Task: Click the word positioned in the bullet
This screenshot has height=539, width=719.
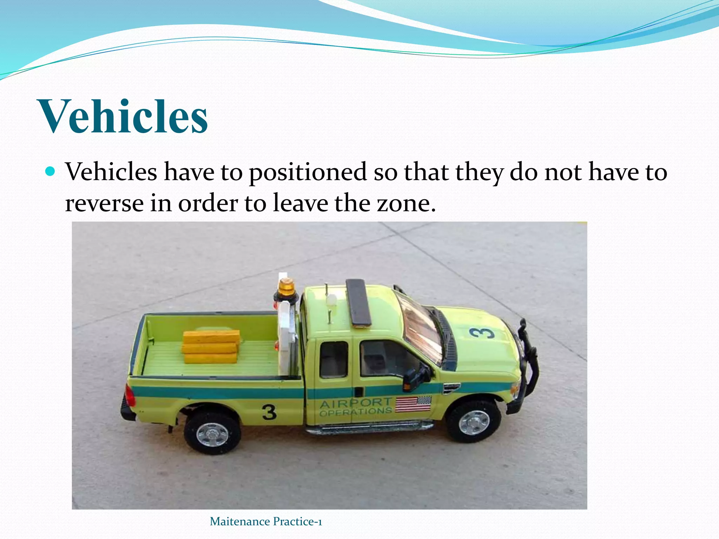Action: tap(308, 172)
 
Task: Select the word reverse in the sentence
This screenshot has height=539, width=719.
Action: tap(104, 203)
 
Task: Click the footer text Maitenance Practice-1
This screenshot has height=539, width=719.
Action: tap(266, 521)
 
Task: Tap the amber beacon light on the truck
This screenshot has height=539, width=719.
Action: tap(286, 288)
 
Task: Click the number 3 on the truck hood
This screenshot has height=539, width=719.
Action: tap(482, 333)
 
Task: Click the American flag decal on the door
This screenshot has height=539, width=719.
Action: tap(413, 404)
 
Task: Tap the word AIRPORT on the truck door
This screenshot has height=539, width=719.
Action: tap(355, 403)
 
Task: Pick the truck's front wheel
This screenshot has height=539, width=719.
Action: tap(474, 422)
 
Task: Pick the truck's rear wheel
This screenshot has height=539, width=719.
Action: tap(212, 434)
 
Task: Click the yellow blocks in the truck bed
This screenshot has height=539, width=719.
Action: tap(211, 347)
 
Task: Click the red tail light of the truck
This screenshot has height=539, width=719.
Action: tap(130, 396)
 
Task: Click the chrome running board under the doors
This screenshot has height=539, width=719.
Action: tap(369, 428)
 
